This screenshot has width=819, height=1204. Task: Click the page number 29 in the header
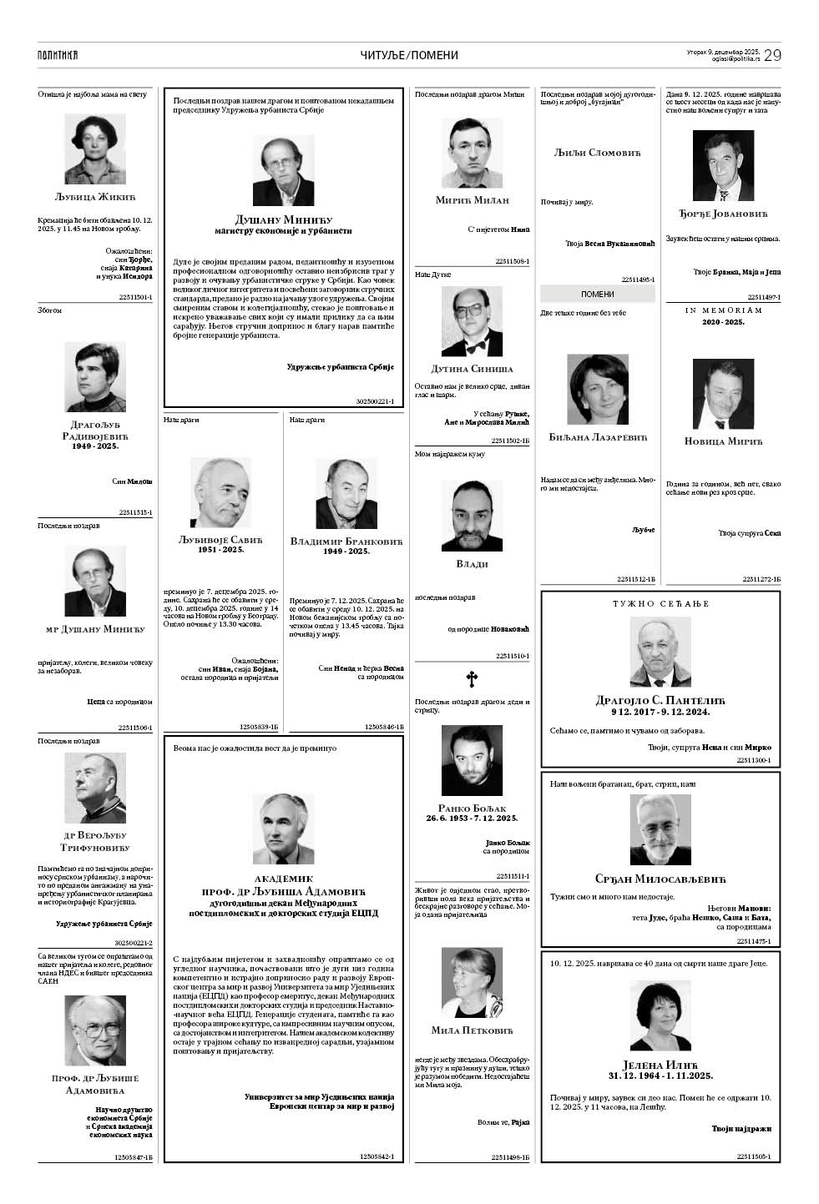coord(771,55)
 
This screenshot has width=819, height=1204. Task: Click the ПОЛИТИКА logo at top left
coord(58,55)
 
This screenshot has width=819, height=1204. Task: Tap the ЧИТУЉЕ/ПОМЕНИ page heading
coord(409,55)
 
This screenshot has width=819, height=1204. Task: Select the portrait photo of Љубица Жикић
coord(95,149)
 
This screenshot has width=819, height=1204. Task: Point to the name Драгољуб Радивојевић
coord(95,430)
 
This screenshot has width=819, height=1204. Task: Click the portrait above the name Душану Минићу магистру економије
coord(283,170)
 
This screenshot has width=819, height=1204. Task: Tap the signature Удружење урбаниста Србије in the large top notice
coord(340,367)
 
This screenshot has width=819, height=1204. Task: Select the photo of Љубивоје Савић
coord(220,492)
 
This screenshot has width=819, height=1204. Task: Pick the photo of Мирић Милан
coord(472,154)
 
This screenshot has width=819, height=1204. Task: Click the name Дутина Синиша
coord(472,369)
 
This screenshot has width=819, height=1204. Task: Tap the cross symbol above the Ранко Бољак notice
coord(472,680)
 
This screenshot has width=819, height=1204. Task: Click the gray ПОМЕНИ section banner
coord(598,294)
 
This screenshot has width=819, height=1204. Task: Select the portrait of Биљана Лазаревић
coord(598,390)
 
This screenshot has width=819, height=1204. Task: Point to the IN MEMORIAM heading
coord(724,310)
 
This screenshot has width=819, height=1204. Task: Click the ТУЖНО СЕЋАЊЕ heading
coord(660,602)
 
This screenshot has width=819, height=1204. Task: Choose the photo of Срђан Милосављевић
coord(660,829)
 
